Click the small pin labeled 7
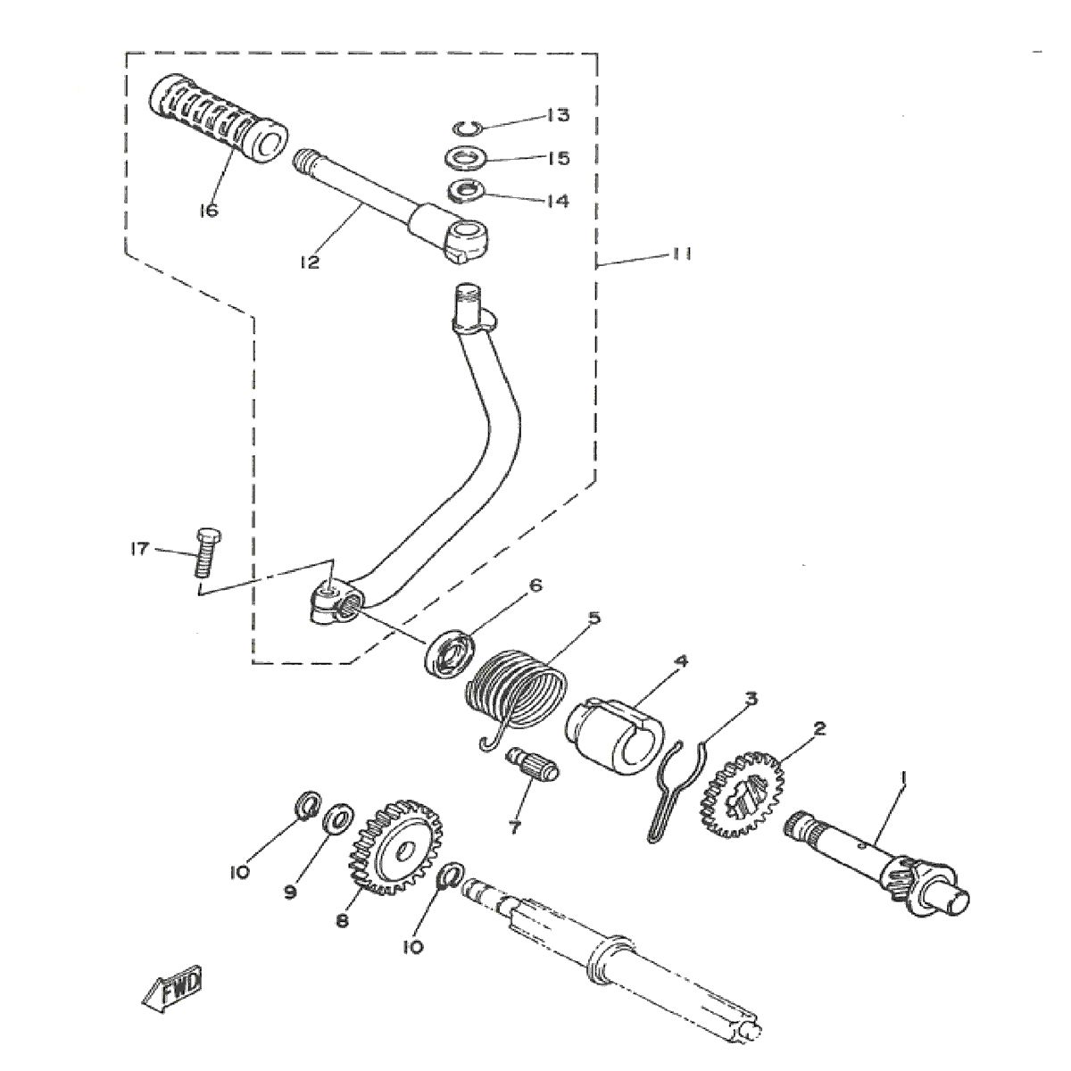point(531,766)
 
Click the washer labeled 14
point(465,190)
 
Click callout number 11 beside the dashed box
point(682,254)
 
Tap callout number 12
point(310,263)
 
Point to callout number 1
point(904,778)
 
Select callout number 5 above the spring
point(594,617)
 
